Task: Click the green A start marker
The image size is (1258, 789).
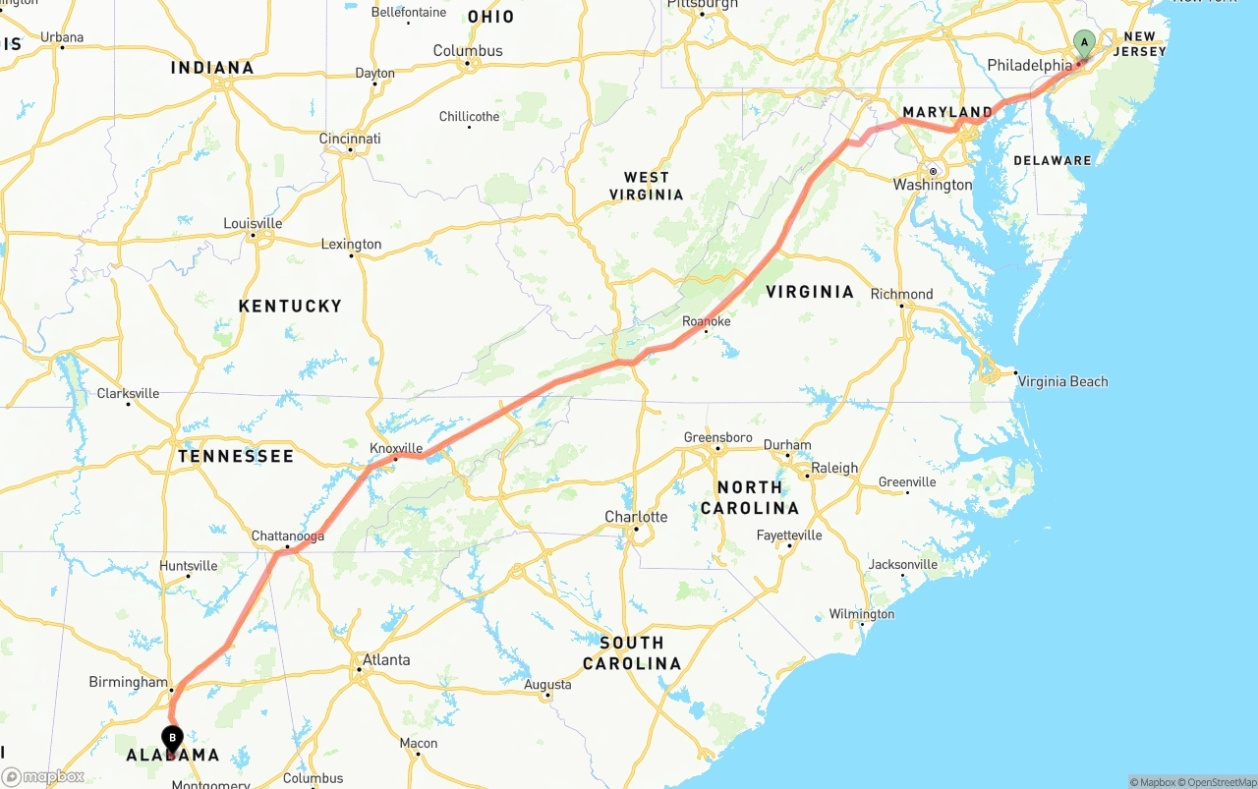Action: click(x=1084, y=43)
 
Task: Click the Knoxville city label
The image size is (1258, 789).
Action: click(x=396, y=448)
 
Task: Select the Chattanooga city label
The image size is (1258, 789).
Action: click(x=287, y=536)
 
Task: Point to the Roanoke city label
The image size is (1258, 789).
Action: click(x=707, y=321)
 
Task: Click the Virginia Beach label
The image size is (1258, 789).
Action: click(x=1061, y=381)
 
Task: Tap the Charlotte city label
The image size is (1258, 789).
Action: click(x=636, y=517)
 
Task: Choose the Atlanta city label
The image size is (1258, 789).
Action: click(x=386, y=659)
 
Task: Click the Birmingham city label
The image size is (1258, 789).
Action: click(x=128, y=682)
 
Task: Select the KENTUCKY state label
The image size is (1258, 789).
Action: click(x=290, y=307)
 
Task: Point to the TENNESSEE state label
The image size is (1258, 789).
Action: click(x=236, y=456)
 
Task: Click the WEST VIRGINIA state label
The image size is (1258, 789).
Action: click(x=647, y=186)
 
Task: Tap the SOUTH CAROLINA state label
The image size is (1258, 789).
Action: click(x=631, y=653)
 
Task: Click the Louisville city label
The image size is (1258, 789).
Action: click(x=253, y=223)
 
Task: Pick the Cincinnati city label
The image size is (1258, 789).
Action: click(x=350, y=139)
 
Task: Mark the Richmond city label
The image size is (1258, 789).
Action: click(x=901, y=294)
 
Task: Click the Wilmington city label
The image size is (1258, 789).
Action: click(x=862, y=614)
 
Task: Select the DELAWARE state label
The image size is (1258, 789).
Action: click(x=1052, y=160)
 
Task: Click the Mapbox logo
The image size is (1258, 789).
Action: click(x=43, y=777)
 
